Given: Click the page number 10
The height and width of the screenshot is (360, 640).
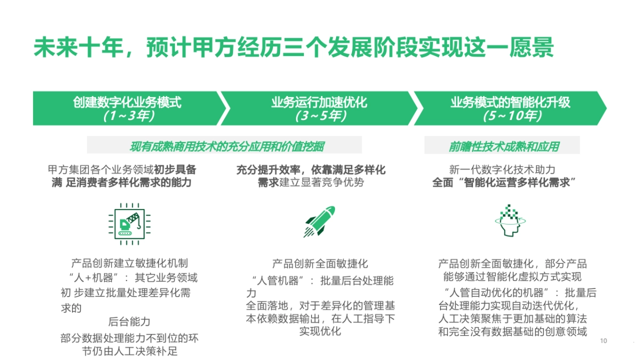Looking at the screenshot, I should (x=604, y=341).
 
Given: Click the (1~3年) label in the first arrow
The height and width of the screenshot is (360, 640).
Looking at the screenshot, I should (x=129, y=116).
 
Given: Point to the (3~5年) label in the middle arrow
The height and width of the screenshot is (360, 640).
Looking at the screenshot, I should (x=320, y=116).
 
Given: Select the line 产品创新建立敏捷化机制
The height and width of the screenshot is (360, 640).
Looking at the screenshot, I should (x=129, y=263).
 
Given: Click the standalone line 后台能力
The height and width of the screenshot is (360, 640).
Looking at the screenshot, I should (x=129, y=322).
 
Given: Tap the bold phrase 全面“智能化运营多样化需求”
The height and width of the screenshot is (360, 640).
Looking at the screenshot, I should (x=502, y=183).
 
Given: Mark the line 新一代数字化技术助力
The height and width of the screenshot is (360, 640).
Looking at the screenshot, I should (x=502, y=170).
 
